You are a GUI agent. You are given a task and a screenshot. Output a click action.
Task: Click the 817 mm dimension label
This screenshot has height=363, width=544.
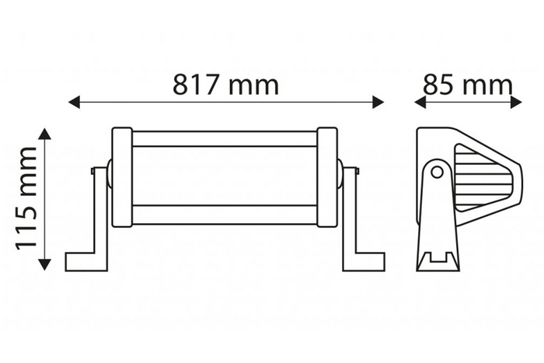pyautogui.click(x=225, y=83)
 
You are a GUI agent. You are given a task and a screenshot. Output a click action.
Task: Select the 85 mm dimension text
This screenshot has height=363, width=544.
pyautogui.click(x=467, y=83)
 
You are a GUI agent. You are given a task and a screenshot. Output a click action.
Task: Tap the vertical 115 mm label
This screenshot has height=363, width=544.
pyautogui.click(x=27, y=197)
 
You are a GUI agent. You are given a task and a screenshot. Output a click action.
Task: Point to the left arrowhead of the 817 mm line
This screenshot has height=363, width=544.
pyautogui.click(x=75, y=102)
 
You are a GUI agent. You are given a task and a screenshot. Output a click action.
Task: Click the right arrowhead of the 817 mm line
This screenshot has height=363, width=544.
pyautogui.click(x=378, y=102)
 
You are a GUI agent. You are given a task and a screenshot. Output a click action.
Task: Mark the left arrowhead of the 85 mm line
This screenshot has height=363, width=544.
pyautogui.click(x=420, y=102)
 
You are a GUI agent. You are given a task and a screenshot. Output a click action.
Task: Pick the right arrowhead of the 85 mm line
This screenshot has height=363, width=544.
pyautogui.click(x=516, y=102)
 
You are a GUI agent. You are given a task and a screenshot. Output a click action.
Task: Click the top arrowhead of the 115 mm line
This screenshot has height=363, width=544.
pyautogui.click(x=45, y=134)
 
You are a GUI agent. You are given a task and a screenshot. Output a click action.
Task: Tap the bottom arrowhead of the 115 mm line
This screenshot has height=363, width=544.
pyautogui.click(x=45, y=264)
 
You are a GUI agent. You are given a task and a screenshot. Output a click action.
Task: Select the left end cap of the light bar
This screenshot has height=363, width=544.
pyautogui.click(x=122, y=177)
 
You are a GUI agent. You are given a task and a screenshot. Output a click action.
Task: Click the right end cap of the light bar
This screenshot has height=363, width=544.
pyautogui.click(x=327, y=177)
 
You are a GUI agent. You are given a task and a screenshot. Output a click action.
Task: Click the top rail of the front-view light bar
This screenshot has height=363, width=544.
pyautogui.click(x=225, y=139)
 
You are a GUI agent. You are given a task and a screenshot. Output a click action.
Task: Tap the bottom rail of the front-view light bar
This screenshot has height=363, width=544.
pyautogui.click(x=225, y=214)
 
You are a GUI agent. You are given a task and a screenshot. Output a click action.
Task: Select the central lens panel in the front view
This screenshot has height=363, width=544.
pyautogui.click(x=225, y=176)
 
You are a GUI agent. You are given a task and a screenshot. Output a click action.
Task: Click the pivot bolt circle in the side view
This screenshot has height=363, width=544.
pyautogui.click(x=438, y=172)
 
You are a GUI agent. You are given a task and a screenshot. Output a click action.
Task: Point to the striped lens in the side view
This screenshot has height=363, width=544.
pyautogui.click(x=483, y=182)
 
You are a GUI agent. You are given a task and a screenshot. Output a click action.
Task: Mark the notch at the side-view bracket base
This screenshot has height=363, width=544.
pyautogui.click(x=438, y=258)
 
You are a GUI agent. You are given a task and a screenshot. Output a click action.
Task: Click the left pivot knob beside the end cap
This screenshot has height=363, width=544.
pyautogui.click(x=109, y=174)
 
